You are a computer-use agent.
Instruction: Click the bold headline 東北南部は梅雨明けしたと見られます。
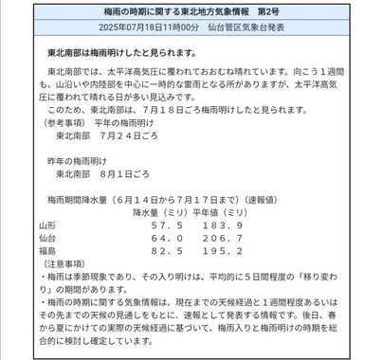[120, 54]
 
